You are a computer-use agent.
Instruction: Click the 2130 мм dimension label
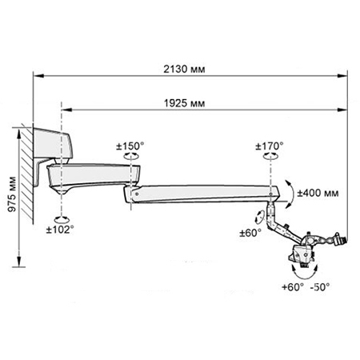pos(184,69)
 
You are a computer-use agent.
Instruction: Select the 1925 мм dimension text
pos(184,103)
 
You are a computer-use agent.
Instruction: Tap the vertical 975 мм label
pos(12,194)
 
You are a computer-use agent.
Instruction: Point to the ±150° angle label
pos(130,146)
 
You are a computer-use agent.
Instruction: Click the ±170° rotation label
pos(270,146)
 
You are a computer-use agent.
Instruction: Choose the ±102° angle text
pos(60,230)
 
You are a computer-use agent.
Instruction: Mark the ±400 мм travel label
pos(318,193)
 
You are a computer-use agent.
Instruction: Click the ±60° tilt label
pos(250,233)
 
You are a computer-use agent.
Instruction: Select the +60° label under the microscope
pos(293,287)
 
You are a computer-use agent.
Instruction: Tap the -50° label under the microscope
pos(320,287)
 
